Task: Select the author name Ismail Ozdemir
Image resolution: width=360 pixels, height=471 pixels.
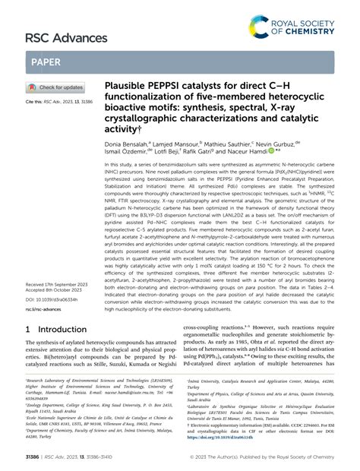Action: (134, 151)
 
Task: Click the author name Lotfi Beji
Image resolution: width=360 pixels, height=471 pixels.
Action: (182, 151)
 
